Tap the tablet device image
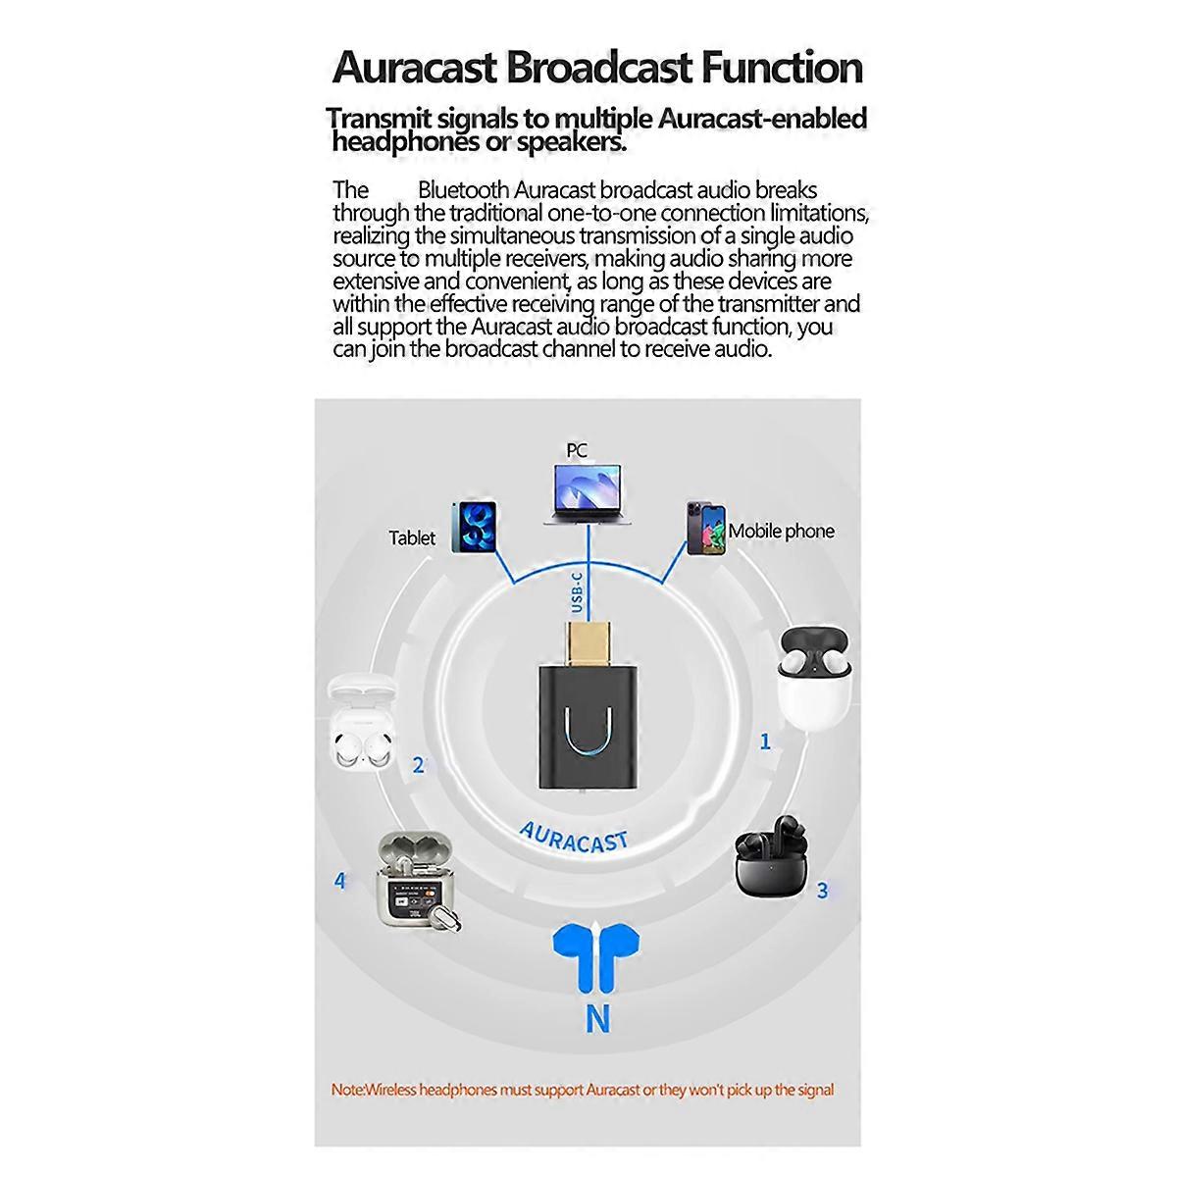point(474,528)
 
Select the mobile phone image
point(706,530)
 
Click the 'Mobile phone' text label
point(781,532)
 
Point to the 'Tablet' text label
point(412,537)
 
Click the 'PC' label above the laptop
point(577,450)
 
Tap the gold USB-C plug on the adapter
point(586,640)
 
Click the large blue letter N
point(597,1020)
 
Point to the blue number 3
point(822,891)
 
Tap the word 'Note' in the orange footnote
point(347,1090)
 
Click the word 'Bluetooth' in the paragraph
point(463,189)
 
